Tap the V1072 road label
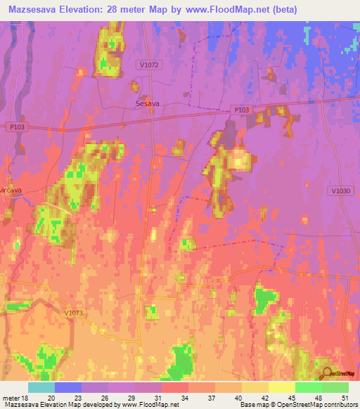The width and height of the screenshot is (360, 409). click(x=149, y=65)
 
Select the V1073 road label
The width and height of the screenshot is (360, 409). click(x=72, y=313)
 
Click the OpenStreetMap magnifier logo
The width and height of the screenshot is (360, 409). click(x=326, y=372)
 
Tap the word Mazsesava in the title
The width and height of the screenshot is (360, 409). click(x=38, y=9)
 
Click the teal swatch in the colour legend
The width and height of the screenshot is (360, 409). click(x=41, y=387)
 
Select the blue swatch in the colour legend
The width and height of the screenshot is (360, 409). click(x=68, y=387)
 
